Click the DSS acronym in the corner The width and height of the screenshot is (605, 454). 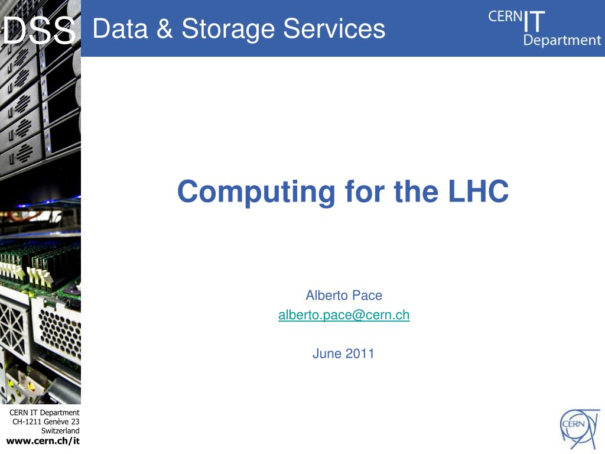click(39, 31)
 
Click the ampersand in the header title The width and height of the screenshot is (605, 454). click(165, 28)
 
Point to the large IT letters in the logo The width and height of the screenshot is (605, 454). click(534, 22)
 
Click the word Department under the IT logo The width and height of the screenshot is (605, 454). click(562, 40)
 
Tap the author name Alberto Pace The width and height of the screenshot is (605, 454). click(344, 296)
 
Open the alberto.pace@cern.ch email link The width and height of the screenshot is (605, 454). click(344, 315)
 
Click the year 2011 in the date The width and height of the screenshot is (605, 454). click(360, 354)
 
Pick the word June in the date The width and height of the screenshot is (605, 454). click(327, 354)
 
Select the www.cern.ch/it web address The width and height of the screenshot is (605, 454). click(43, 441)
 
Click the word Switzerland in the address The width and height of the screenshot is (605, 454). click(60, 431)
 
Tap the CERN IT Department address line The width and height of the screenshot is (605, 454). click(44, 413)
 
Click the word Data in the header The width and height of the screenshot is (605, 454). click(121, 28)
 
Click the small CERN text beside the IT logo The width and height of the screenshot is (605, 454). click(505, 17)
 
